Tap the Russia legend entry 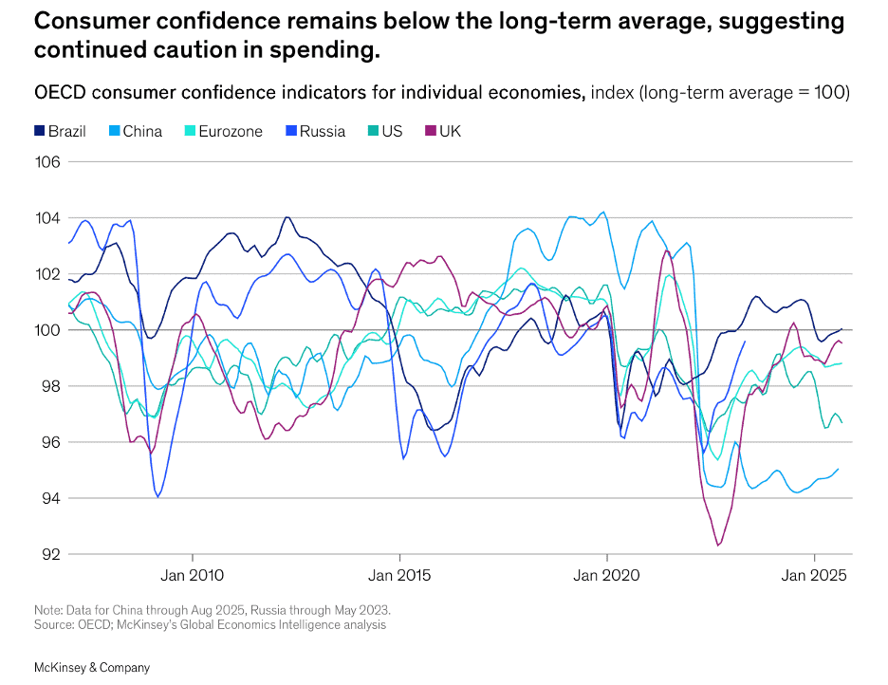pyautogui.click(x=315, y=131)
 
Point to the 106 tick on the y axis pyautogui.click(x=48, y=162)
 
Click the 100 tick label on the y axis pyautogui.click(x=48, y=330)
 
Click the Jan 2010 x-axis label pyautogui.click(x=193, y=575)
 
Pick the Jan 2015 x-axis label pyautogui.click(x=399, y=575)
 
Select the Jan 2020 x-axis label pyautogui.click(x=607, y=575)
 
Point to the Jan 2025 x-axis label pyautogui.click(x=814, y=575)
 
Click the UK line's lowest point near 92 pyautogui.click(x=718, y=545)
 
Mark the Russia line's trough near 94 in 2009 pyautogui.click(x=157, y=496)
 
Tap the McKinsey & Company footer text pyautogui.click(x=92, y=668)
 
